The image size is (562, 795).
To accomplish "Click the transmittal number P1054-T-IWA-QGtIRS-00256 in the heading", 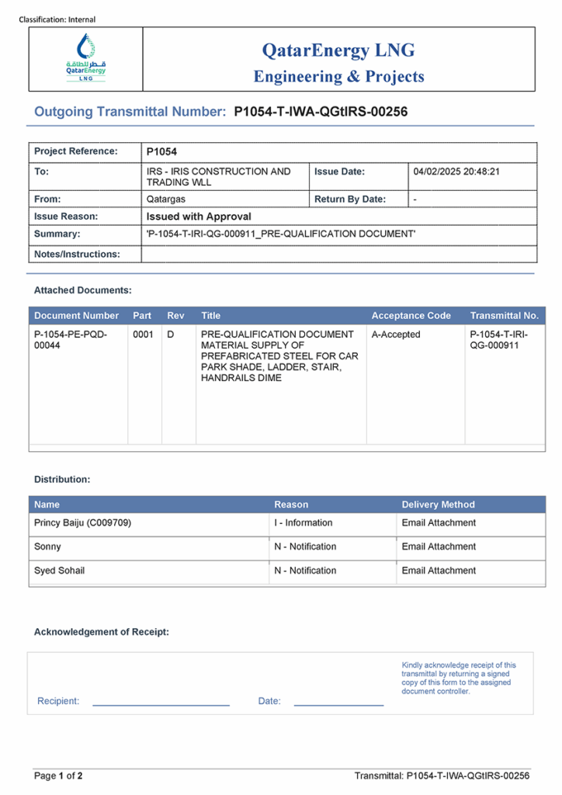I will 321,112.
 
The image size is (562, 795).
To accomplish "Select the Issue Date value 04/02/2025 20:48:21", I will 456,172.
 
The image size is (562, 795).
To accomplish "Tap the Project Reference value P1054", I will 161,152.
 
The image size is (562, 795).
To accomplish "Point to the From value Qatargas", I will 165,199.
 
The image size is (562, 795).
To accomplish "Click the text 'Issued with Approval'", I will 199,217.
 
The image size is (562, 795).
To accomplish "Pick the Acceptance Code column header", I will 411,316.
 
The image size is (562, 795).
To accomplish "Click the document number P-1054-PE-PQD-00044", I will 71,340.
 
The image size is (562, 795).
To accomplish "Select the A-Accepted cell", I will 396,335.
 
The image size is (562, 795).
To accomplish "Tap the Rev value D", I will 171,335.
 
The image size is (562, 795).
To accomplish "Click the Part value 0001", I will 143,335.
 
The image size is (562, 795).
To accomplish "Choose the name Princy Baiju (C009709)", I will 82,523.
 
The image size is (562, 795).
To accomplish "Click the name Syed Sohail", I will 60,571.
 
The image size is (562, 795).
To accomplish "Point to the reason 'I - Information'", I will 303,523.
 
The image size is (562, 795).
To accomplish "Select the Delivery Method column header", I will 438,505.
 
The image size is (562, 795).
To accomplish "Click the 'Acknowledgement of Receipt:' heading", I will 101,632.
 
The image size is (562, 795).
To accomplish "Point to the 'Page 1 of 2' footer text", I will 58,776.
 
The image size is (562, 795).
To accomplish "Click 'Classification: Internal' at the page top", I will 57,19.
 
